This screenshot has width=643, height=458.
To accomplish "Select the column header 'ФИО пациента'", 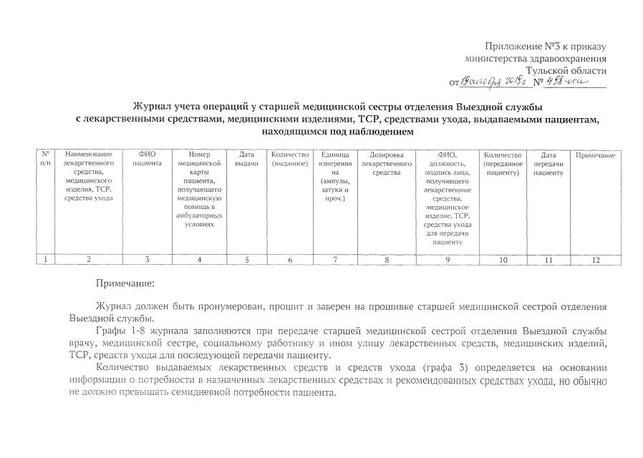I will [x=147, y=160].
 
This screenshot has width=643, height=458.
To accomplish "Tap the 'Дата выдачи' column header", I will [x=246, y=160].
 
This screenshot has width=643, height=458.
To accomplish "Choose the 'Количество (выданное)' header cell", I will [x=290, y=159].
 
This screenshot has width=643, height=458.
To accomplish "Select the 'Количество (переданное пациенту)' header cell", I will [x=503, y=163].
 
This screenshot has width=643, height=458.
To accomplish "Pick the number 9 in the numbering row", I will [x=448, y=260].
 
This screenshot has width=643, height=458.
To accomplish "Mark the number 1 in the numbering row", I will [x=45, y=260].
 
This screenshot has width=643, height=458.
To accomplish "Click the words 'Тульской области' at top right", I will [x=566, y=70].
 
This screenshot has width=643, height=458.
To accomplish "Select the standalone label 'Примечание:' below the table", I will [x=126, y=284].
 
